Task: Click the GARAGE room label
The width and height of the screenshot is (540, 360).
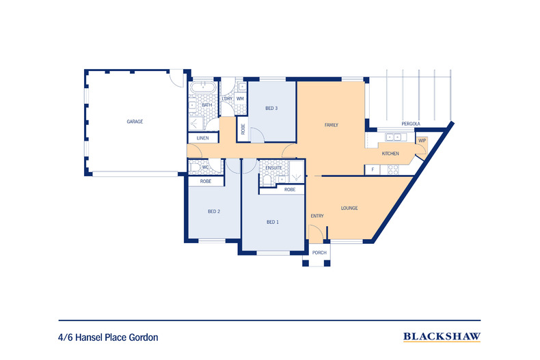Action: click(x=135, y=122)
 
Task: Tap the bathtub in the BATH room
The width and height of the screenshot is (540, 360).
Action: click(x=203, y=89)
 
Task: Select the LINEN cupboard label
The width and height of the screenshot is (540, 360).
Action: click(x=202, y=139)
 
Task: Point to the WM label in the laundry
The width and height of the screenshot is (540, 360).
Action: click(x=240, y=99)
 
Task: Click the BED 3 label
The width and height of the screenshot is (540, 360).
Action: click(x=271, y=108)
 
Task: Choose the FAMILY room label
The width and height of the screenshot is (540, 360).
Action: click(x=331, y=125)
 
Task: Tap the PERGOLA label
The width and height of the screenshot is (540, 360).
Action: click(x=429, y=124)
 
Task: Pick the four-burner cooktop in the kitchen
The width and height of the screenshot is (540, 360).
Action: click(x=393, y=169)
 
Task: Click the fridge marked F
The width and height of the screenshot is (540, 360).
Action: click(x=373, y=169)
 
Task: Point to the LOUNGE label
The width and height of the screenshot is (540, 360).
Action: click(x=349, y=208)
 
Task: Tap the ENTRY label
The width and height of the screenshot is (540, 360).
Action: click(x=316, y=217)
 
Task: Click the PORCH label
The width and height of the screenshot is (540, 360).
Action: click(x=319, y=253)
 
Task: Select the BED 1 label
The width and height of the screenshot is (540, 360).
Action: click(x=273, y=222)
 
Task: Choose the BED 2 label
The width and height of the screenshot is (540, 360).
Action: click(x=214, y=212)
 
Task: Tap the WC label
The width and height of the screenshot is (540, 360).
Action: click(x=205, y=167)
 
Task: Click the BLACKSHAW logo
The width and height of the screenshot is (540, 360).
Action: click(x=442, y=336)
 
